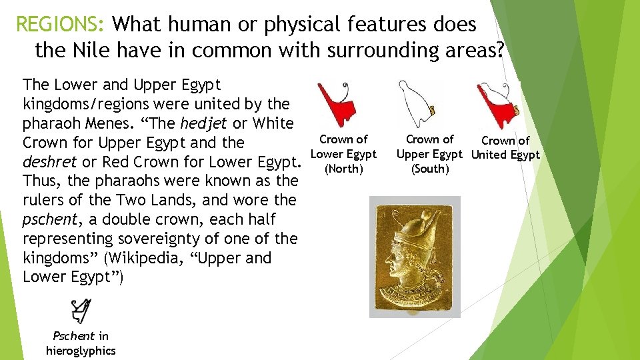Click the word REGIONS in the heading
click(59, 25)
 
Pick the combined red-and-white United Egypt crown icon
click(497, 105)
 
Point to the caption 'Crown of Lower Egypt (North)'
click(343, 154)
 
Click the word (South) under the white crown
click(430, 169)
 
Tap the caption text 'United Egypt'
click(505, 155)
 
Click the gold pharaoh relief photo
click(415, 257)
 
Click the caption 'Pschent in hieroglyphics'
click(81, 343)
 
